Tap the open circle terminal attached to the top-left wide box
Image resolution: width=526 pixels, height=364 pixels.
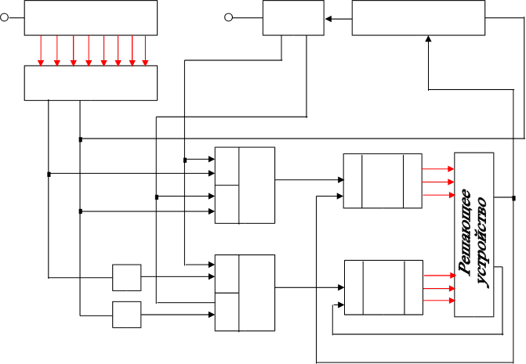5,17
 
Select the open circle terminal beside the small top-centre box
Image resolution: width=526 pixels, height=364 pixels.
228,17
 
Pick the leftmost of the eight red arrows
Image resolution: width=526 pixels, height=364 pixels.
42,51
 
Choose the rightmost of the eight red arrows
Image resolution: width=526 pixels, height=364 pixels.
146,51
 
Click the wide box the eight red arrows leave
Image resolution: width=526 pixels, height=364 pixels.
91,17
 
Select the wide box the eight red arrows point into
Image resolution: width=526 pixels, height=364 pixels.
91,82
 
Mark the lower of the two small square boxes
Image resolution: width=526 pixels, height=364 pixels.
127,314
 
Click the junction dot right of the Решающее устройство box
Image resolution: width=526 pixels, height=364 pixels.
513,197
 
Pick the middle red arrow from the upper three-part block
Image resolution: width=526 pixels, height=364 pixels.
437,182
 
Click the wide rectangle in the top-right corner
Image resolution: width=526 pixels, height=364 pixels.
418,17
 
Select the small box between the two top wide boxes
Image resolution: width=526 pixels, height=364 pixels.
292,17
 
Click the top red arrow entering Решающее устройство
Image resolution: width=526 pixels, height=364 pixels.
437,168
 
